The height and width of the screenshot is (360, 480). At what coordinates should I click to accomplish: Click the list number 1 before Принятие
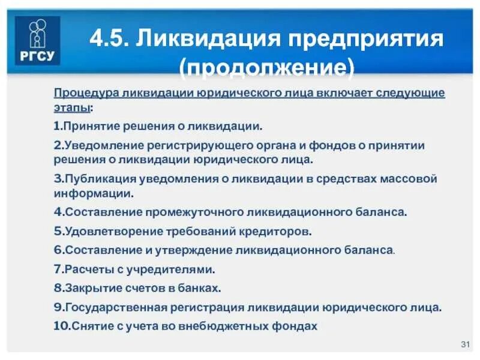(56, 127)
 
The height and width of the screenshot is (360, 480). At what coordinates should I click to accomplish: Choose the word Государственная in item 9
(117, 307)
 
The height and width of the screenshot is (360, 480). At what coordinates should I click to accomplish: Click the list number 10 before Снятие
(61, 326)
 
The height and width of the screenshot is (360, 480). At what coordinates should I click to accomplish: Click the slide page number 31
(464, 344)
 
